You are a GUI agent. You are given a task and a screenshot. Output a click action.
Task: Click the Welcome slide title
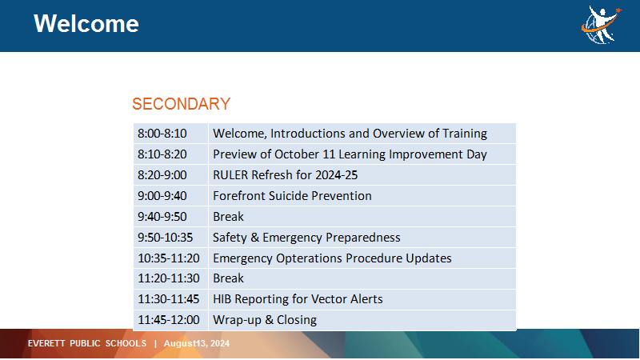[86, 24]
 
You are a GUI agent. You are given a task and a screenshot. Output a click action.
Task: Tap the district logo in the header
[602, 25]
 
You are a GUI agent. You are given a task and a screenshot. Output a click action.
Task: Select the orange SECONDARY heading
[182, 104]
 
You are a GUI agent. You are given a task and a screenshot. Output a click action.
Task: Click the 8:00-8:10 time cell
[170, 134]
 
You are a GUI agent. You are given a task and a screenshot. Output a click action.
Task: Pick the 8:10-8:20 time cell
[170, 154]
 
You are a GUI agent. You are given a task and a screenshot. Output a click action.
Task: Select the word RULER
[230, 175]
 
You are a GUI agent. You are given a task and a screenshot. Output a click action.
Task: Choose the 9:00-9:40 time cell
[170, 196]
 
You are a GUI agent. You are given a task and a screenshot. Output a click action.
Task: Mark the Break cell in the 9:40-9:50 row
[362, 217]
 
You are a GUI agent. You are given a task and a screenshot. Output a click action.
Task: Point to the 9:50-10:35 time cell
[170, 238]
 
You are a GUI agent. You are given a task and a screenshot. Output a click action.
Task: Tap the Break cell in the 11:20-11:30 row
[362, 278]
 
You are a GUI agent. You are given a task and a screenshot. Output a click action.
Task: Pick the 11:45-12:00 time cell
[170, 320]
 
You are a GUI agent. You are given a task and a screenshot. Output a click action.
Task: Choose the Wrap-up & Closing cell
[362, 320]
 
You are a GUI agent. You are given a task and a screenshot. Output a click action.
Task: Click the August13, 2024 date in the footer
[197, 344]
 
